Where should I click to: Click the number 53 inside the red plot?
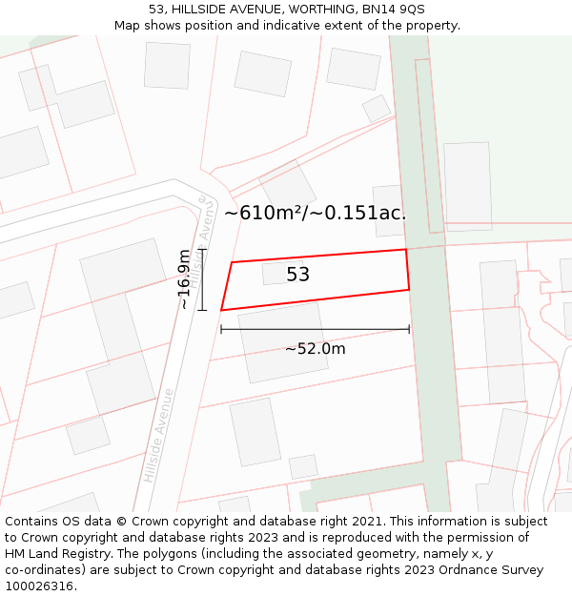pos(297,275)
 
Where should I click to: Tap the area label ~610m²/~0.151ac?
pos(315,213)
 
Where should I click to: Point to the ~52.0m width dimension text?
pos(315,349)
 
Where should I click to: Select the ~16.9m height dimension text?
pos(184,279)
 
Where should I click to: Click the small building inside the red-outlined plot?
pos(283,272)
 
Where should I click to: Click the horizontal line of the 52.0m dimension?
pos(315,329)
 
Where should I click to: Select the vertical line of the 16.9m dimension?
pos(202,279)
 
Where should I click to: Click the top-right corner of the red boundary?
pos(407,250)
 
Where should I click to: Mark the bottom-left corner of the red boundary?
pos(221,310)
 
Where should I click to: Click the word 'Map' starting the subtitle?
pos(128,26)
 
